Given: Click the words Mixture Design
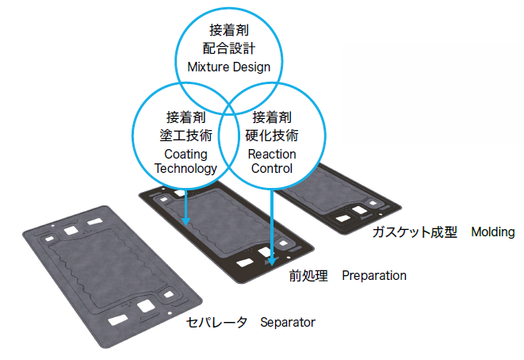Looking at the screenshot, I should click(228, 67).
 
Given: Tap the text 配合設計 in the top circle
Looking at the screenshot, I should click(228, 48).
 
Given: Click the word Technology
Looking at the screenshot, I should click(186, 168).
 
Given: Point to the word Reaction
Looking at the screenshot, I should click(272, 153).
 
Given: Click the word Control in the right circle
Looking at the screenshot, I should click(272, 168).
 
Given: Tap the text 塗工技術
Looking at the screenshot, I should click(186, 135).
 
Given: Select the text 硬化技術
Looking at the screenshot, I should click(272, 135).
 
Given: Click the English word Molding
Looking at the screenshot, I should click(493, 232).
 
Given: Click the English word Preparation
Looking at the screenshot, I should click(374, 276).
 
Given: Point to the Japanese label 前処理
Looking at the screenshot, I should click(308, 276).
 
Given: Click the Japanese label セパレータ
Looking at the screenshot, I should click(217, 322).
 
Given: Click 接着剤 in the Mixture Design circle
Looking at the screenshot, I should click(228, 31).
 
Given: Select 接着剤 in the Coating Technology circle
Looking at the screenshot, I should click(186, 118).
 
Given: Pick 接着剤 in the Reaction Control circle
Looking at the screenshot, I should click(272, 118).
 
